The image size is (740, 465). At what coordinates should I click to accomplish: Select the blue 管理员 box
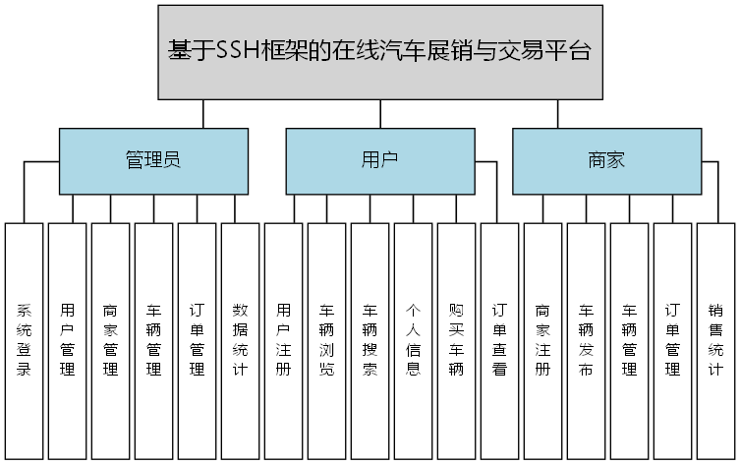pyautogui.click(x=152, y=160)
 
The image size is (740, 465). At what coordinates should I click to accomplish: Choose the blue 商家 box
pyautogui.click(x=606, y=160)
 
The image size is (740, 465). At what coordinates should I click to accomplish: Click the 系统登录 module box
pyautogui.click(x=25, y=340)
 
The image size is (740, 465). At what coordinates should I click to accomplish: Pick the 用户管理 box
pyautogui.click(x=67, y=340)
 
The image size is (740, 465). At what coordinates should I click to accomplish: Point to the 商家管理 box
pyautogui.click(x=110, y=340)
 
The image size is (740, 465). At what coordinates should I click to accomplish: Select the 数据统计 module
pyautogui.click(x=240, y=340)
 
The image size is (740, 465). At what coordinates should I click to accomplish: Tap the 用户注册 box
pyautogui.click(x=283, y=340)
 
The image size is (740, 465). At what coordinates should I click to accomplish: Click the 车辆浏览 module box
pyautogui.click(x=326, y=340)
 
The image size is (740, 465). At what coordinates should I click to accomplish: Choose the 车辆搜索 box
pyautogui.click(x=370, y=340)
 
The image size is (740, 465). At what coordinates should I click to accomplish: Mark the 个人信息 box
pyautogui.click(x=413, y=340)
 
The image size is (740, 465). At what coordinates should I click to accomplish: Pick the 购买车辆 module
pyautogui.click(x=456, y=340)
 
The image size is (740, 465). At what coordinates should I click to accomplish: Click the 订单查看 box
pyautogui.click(x=499, y=340)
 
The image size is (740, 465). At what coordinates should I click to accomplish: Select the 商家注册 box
pyautogui.click(x=542, y=340)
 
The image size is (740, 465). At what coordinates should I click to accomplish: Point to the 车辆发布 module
pyautogui.click(x=586, y=340)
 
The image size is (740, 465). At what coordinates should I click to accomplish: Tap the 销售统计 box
pyautogui.click(x=715, y=340)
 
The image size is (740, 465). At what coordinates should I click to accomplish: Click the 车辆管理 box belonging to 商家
pyautogui.click(x=629, y=340)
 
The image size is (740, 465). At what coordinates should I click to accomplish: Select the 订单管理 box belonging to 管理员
pyautogui.click(x=197, y=340)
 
